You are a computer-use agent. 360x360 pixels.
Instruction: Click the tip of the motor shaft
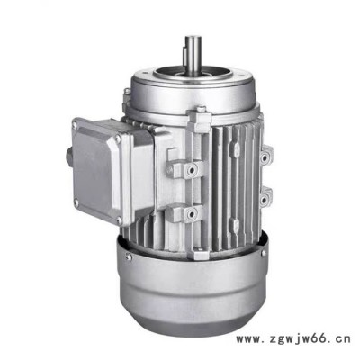tap(193, 38)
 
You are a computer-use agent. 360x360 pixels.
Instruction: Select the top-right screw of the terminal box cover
tap(118, 139)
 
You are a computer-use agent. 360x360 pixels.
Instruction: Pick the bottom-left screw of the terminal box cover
tap(76, 202)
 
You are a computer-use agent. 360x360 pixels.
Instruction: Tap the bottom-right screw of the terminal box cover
tap(119, 221)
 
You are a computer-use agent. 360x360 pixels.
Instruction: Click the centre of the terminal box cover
tap(96, 172)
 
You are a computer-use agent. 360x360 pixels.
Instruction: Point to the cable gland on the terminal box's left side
tap(69, 157)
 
